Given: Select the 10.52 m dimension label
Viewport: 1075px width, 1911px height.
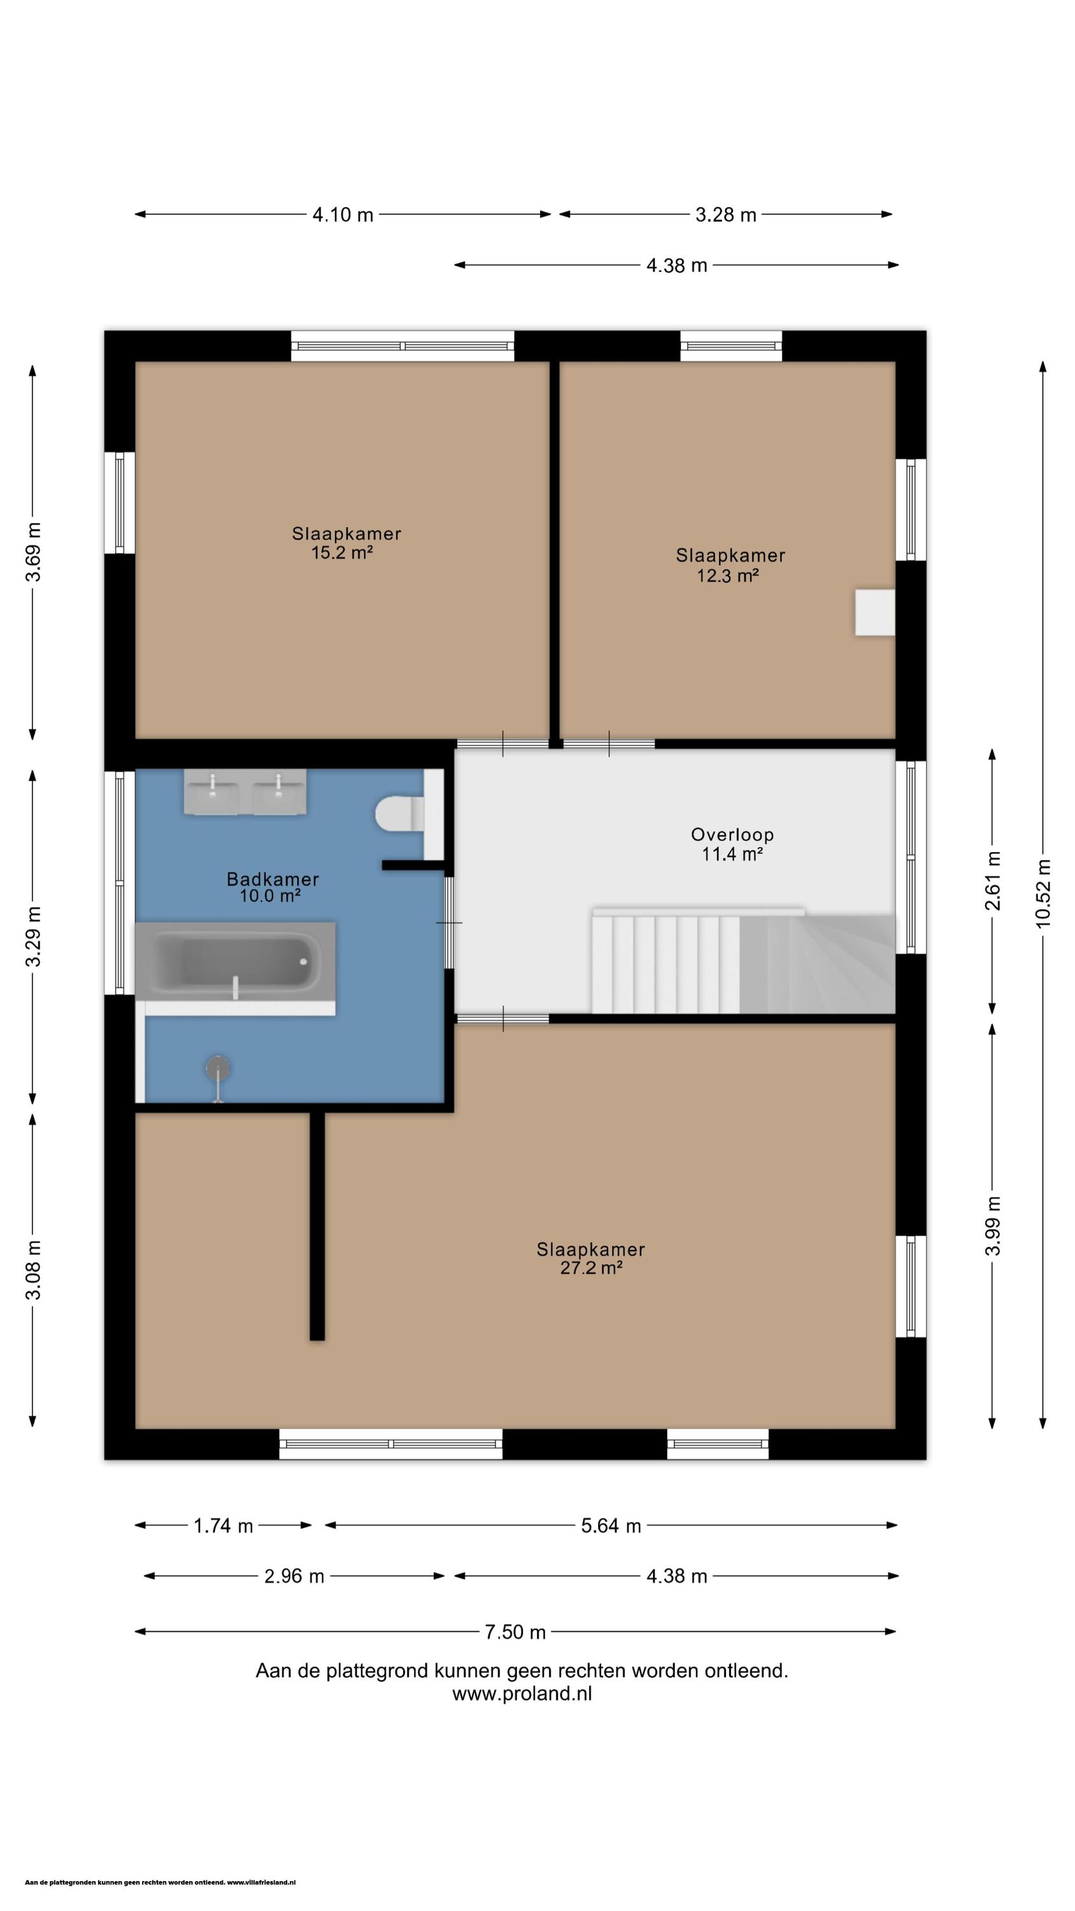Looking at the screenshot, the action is pyautogui.click(x=1043, y=894).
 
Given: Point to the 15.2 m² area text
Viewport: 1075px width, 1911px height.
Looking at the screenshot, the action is pyautogui.click(x=341, y=553).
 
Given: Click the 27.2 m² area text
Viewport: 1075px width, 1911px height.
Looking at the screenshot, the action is pyautogui.click(x=590, y=1268).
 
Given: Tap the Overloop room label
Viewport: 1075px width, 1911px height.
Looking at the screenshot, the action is pyautogui.click(x=732, y=834).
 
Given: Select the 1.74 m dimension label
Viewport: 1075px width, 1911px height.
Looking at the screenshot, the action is pyautogui.click(x=224, y=1526).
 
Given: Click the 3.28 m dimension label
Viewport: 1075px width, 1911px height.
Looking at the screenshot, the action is pyautogui.click(x=725, y=215).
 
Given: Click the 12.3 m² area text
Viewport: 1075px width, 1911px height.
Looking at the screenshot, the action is pyautogui.click(x=727, y=576).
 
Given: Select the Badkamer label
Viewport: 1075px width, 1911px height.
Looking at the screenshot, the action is pyautogui.click(x=273, y=879).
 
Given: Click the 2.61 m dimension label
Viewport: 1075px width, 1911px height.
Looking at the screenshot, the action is pyautogui.click(x=993, y=880).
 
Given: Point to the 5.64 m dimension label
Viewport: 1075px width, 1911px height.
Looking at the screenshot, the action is pyautogui.click(x=611, y=1526).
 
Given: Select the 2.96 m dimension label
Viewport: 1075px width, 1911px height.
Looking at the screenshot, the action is pyautogui.click(x=294, y=1577).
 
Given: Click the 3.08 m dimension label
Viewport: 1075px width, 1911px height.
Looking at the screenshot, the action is pyautogui.click(x=33, y=1270).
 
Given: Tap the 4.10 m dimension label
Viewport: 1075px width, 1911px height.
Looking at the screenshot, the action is pyautogui.click(x=343, y=215).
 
